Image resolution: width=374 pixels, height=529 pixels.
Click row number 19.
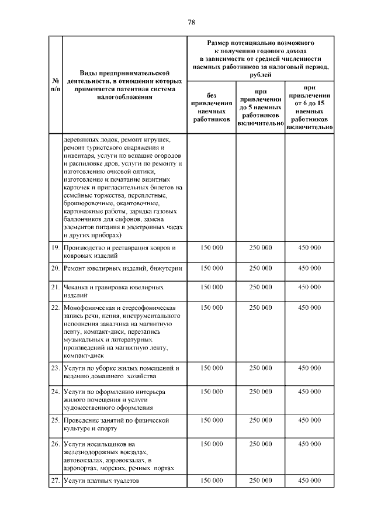point(54,248)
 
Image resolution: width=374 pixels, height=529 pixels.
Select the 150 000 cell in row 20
point(212,268)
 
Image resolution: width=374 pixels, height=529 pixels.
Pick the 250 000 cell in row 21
point(260,288)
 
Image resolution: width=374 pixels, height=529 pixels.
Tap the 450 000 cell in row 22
point(309,307)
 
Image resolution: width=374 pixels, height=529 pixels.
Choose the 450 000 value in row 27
point(309,480)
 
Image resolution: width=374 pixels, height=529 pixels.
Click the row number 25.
point(54,420)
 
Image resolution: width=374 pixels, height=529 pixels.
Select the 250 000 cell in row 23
point(260,368)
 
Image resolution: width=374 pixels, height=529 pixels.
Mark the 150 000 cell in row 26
point(212,444)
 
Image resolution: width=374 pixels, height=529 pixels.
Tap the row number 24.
point(54,391)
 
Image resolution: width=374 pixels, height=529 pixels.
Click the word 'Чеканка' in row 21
point(77,288)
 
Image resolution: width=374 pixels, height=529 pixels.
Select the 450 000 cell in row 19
point(309,248)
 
